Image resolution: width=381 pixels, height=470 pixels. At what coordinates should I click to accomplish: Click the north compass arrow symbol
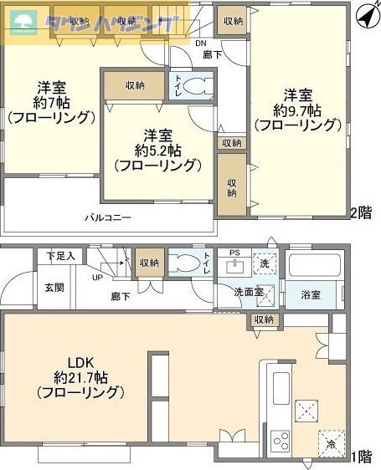click(x=364, y=15)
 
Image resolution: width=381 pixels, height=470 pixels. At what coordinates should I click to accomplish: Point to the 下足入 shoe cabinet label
click(x=60, y=255)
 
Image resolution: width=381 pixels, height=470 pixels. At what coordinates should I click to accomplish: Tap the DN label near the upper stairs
click(x=200, y=43)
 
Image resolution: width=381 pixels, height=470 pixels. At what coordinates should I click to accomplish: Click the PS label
click(x=234, y=253)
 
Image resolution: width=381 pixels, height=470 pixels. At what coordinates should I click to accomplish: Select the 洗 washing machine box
click(x=264, y=263)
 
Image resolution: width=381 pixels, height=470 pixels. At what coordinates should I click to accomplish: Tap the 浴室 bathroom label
click(x=311, y=294)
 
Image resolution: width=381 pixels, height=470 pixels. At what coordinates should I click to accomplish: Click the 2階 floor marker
click(x=361, y=212)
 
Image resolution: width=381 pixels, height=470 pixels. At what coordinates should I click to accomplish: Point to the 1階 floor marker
click(x=361, y=457)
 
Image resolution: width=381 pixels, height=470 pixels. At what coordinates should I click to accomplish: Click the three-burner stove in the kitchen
click(x=280, y=440)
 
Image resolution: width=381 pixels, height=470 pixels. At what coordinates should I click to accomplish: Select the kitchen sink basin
click(x=280, y=386)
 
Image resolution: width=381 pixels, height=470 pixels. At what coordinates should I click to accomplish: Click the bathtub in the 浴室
click(x=313, y=267)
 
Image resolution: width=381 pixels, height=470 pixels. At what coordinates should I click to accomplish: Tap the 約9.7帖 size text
click(x=298, y=110)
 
